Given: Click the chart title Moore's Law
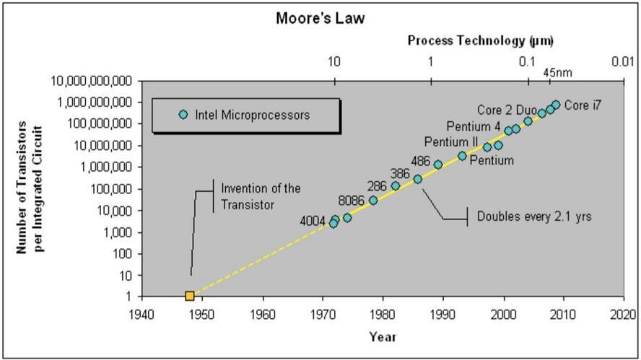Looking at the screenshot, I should [x=320, y=18].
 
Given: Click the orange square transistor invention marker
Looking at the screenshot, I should [x=190, y=296].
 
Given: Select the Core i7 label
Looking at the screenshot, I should [x=583, y=105].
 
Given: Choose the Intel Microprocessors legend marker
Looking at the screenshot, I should [x=183, y=115].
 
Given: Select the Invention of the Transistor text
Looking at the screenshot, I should [x=260, y=196].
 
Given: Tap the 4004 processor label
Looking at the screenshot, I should [x=313, y=220].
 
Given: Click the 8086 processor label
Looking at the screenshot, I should [x=352, y=201].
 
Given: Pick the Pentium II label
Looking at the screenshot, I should [x=450, y=141].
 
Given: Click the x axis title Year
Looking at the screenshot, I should [x=382, y=336].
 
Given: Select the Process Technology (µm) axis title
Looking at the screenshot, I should [x=480, y=40].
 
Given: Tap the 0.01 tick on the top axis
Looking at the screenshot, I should [x=622, y=62].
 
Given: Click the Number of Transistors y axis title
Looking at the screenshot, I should [x=30, y=189].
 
